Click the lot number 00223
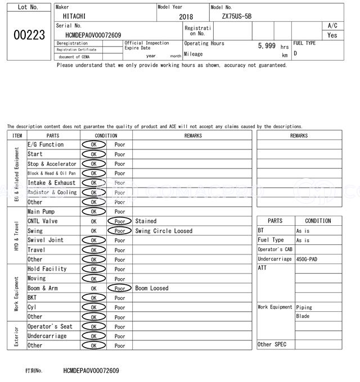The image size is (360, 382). (x=29, y=35)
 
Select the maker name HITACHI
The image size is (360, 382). (x=71, y=17)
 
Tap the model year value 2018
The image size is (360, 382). (x=186, y=17)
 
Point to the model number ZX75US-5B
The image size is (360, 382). (x=236, y=17)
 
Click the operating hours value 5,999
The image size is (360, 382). (x=267, y=46)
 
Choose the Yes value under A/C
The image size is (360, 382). (x=332, y=35)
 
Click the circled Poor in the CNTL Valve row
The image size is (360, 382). (x=119, y=221)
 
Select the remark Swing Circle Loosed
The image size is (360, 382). (x=164, y=231)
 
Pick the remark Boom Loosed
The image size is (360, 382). (x=152, y=288)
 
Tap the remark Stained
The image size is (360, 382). (x=146, y=221)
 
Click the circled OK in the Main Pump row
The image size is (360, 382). (x=93, y=212)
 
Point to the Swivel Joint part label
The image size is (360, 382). (x=46, y=240)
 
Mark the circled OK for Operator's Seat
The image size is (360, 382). (x=93, y=326)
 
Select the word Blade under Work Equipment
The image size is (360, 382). (x=303, y=316)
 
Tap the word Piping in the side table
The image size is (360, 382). (x=304, y=307)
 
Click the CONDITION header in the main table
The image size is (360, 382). (x=106, y=135)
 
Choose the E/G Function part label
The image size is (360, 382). (x=46, y=145)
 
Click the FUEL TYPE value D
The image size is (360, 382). (x=295, y=54)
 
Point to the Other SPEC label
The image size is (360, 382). (x=272, y=344)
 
